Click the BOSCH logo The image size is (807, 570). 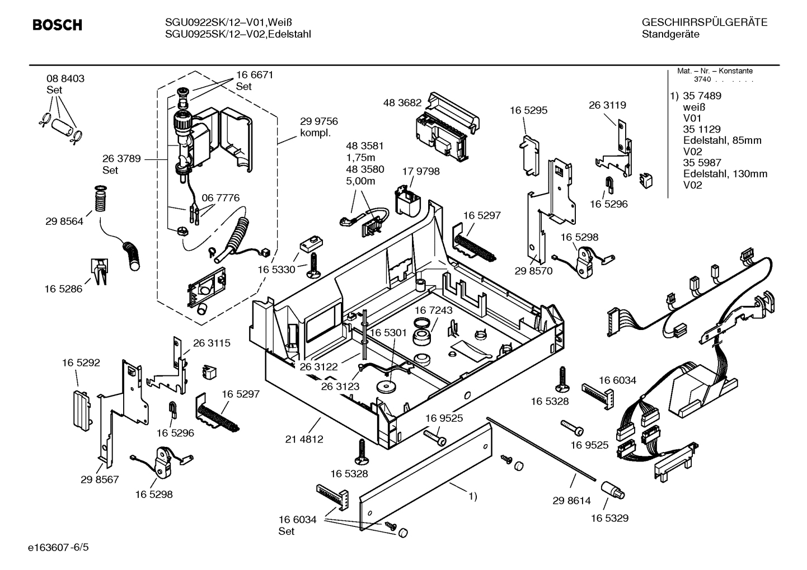tap(57, 25)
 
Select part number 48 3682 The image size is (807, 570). tap(402, 103)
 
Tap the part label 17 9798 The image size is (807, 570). tap(421, 172)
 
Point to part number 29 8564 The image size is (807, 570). tap(64, 222)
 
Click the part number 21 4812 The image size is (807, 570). tap(304, 439)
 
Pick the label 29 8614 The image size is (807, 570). tap(571, 501)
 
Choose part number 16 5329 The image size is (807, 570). tap(609, 518)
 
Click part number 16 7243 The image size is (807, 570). tap(434, 310)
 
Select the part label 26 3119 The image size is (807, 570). tap(607, 105)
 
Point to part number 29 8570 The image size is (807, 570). tap(533, 271)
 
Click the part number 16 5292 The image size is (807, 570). tap(81, 362)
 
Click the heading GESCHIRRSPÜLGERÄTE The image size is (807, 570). tap(704, 23)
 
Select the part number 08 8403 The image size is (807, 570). tap(65, 79)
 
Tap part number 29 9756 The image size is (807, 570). tap(319, 121)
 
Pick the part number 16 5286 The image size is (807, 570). tap(63, 289)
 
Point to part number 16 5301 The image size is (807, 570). tap(388, 333)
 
